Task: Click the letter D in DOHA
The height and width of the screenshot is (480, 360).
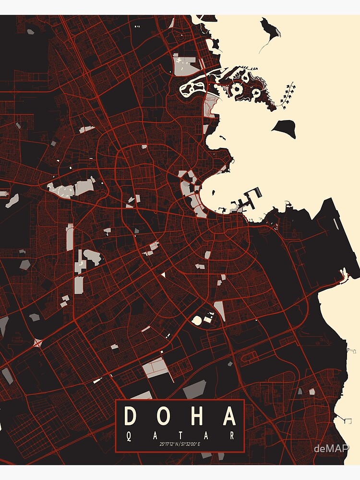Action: coord(130,416)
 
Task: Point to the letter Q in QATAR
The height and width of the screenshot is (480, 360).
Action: coord(127,436)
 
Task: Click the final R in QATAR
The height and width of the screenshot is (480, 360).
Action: coord(233,436)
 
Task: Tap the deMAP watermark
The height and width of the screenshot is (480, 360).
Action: coord(331,449)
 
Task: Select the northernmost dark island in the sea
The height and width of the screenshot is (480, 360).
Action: coord(271,29)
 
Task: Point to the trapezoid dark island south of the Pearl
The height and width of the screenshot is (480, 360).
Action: coord(284,126)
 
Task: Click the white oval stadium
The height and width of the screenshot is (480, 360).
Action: coord(197,319)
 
